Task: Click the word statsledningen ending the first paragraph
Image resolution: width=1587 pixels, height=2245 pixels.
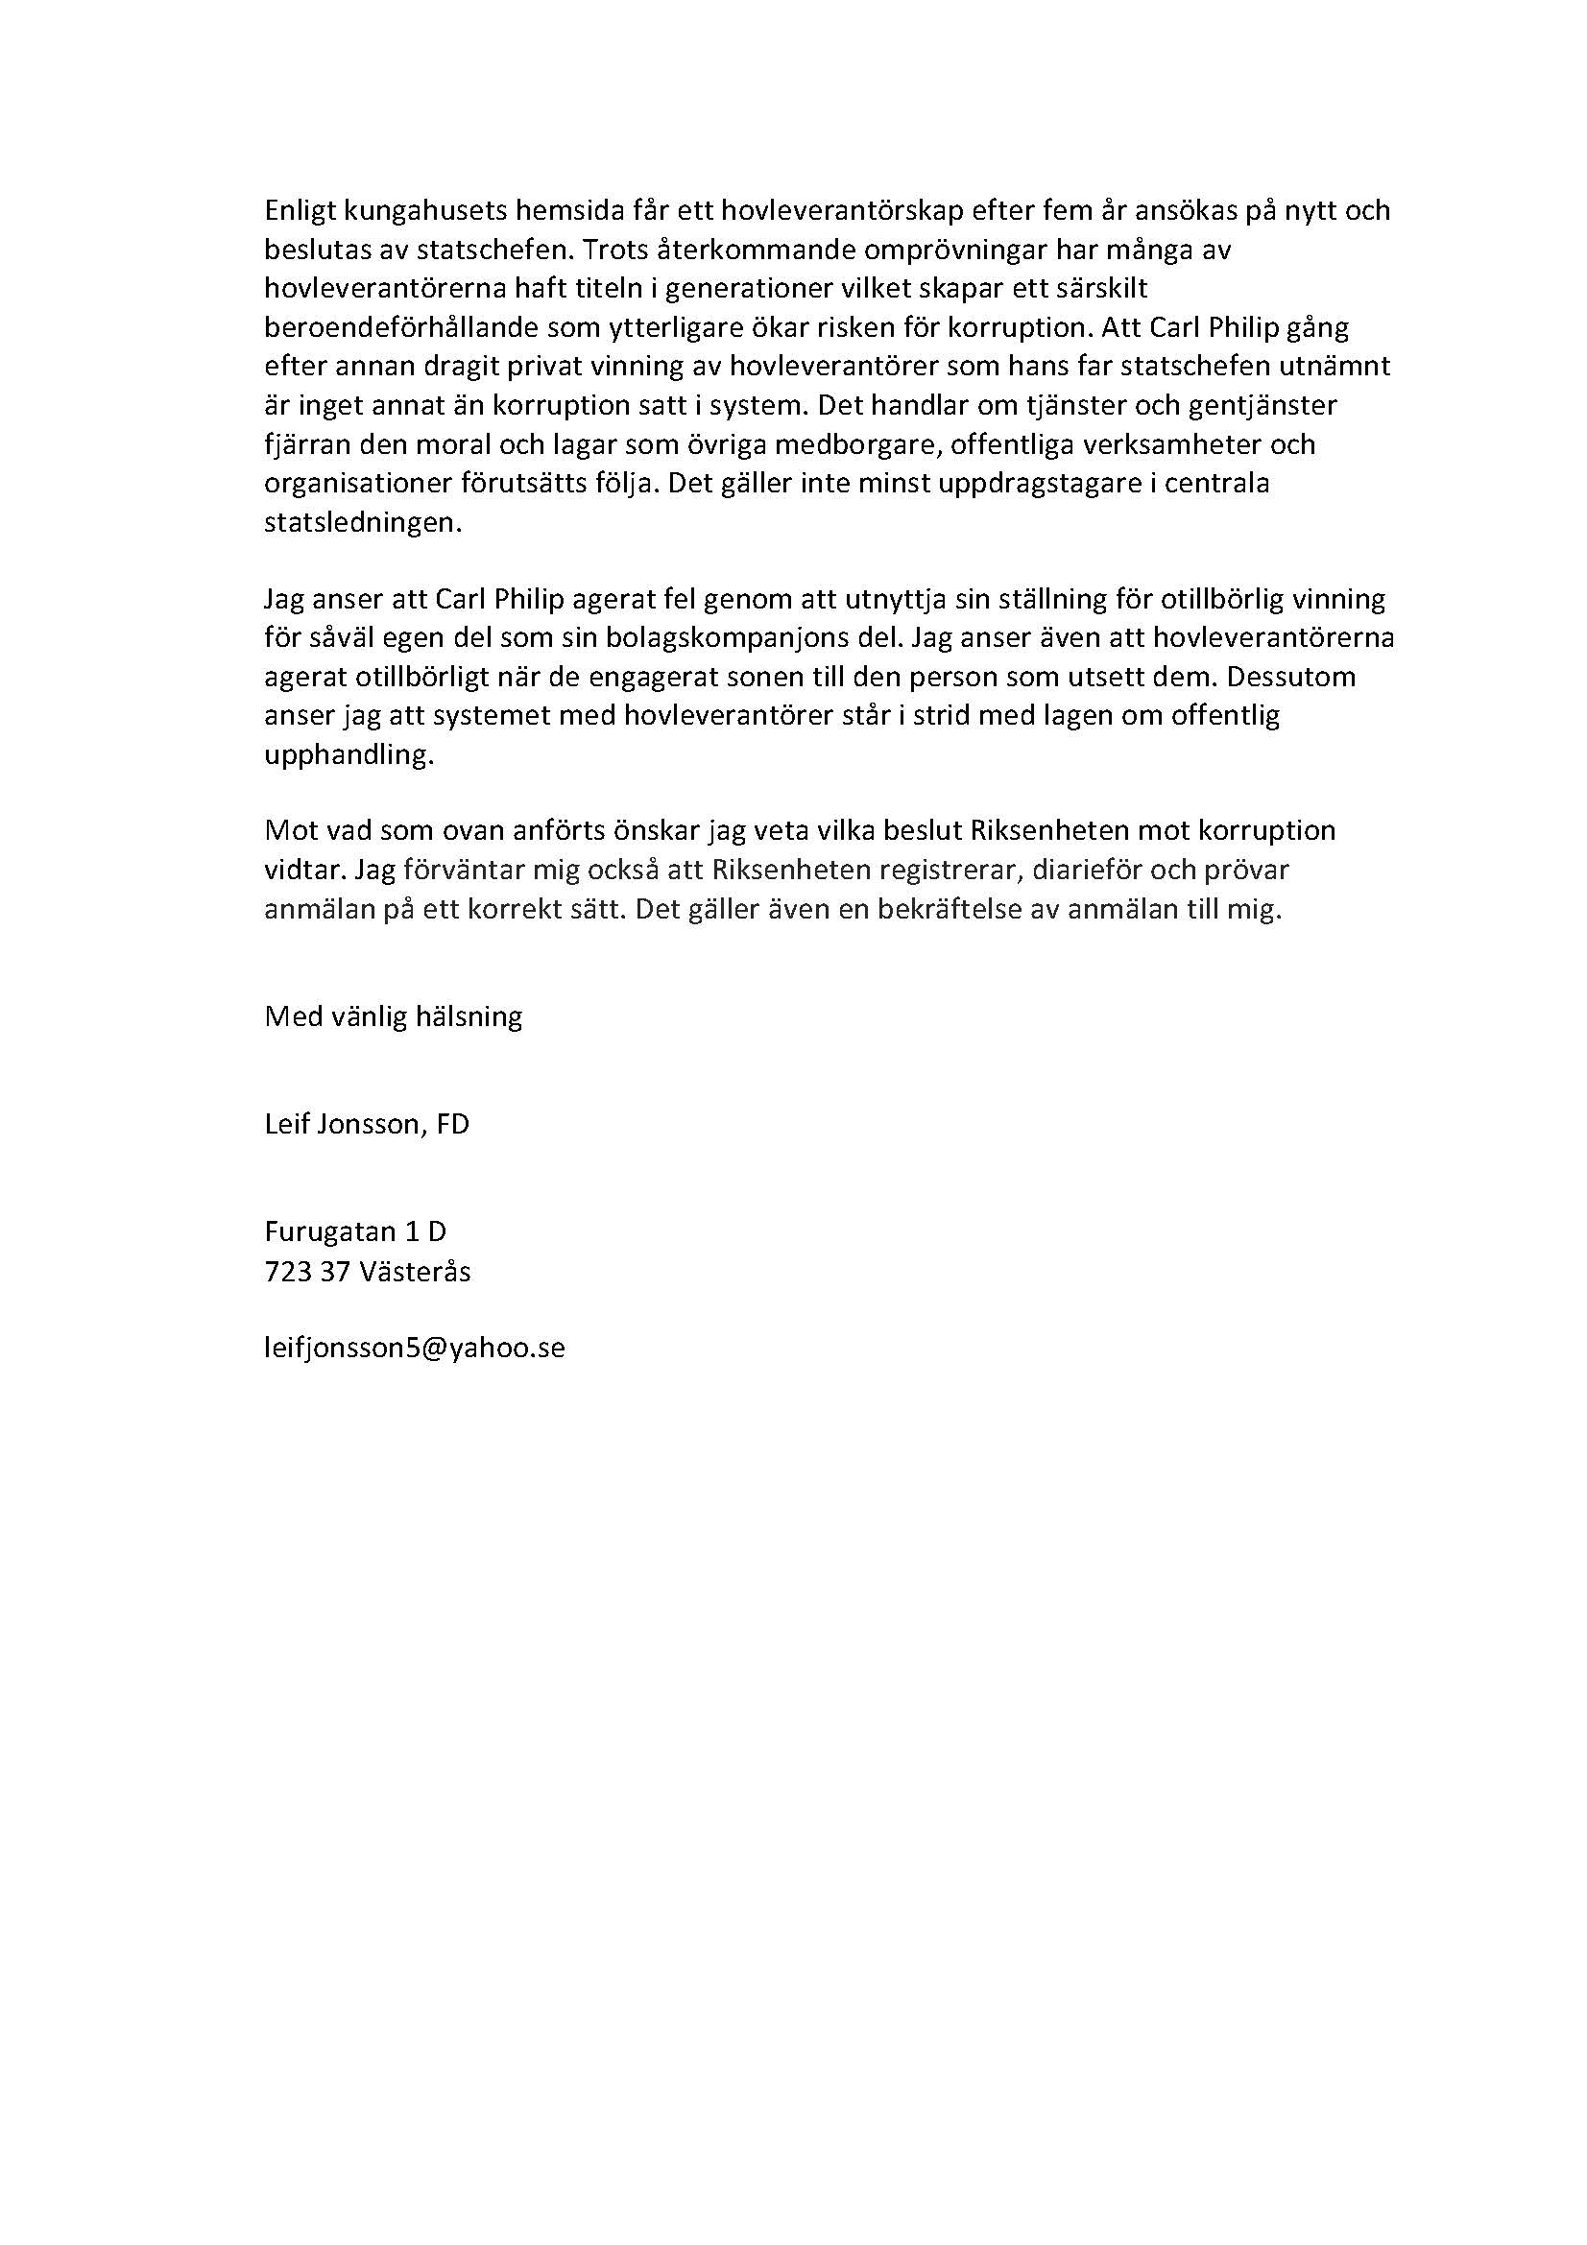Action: click(x=362, y=523)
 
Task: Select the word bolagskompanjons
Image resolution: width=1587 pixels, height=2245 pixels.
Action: click(x=704, y=638)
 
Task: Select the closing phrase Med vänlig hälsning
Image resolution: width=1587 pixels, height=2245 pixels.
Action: click(x=393, y=1016)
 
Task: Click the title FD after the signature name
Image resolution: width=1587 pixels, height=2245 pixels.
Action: click(x=453, y=1125)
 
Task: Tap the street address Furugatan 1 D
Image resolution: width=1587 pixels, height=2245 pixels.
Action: click(x=355, y=1231)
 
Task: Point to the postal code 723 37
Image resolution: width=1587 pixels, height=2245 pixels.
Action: click(x=307, y=1271)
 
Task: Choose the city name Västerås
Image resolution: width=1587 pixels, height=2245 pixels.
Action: click(x=415, y=1271)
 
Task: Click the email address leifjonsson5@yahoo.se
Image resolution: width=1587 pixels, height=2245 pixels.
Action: click(x=415, y=1349)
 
